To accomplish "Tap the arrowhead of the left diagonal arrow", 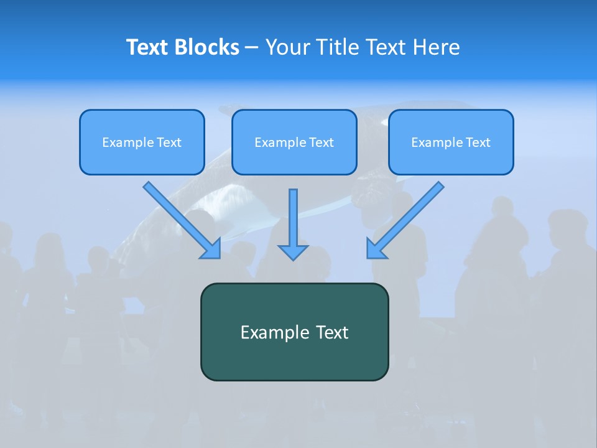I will (x=211, y=249).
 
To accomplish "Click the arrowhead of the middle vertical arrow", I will (x=293, y=252).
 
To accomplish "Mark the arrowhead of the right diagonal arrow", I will (x=376, y=249).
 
